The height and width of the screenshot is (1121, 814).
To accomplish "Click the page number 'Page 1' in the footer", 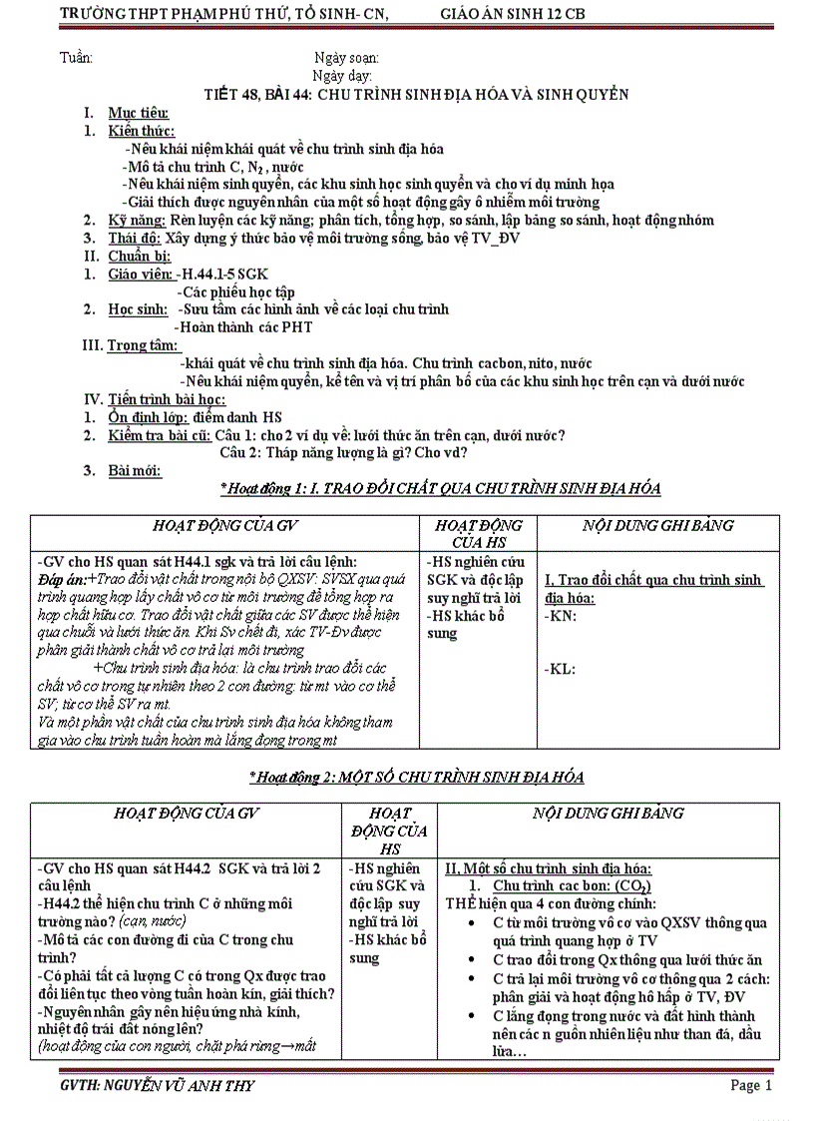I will pos(750,1085).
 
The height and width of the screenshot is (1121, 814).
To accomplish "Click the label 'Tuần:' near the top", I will pos(77,58).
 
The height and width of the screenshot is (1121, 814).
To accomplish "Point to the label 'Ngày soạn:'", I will pos(346,58).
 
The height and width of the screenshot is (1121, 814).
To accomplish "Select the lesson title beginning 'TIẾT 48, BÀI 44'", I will pos(416,94).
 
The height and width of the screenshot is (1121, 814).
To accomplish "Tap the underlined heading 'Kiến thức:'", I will pos(142,131).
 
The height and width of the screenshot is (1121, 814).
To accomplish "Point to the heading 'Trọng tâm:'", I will pos(145,345).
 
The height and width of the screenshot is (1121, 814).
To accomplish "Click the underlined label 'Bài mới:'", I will pos(135,470).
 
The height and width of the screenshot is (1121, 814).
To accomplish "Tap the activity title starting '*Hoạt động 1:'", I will pos(440,488).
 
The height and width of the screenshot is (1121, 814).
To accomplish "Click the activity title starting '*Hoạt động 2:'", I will pos(416,777).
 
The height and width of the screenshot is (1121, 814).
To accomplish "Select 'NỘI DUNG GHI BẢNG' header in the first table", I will pos(657,525).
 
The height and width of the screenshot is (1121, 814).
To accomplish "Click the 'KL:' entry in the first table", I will pos(561,669).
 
